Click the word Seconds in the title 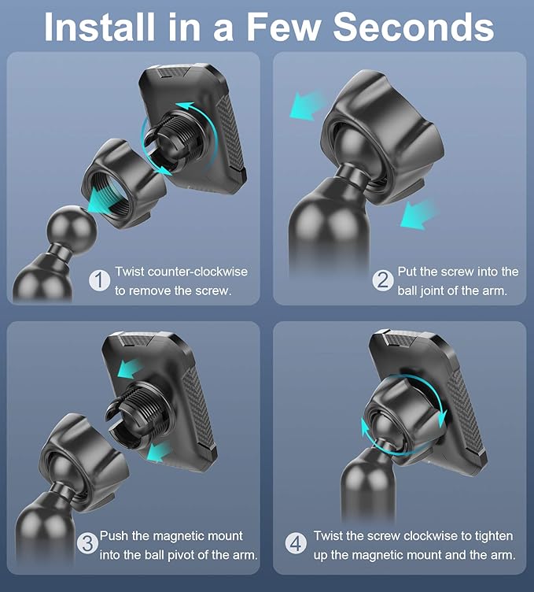point(414,27)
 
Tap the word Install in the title point(99,27)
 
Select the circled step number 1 point(100,280)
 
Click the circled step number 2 point(383,280)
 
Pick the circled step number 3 point(87,544)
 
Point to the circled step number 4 point(296,544)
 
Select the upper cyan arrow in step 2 point(308,105)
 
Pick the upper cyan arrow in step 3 point(130,368)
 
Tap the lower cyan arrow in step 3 point(158,451)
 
